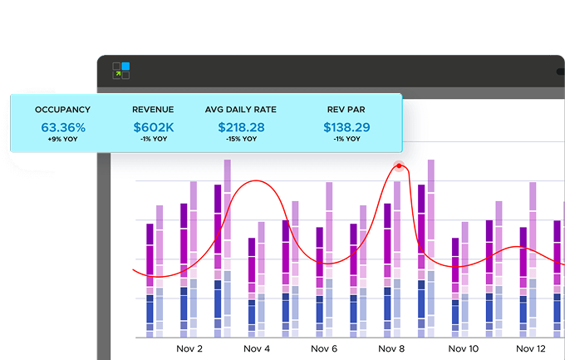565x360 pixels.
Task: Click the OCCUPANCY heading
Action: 62,110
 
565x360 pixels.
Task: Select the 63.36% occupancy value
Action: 62,127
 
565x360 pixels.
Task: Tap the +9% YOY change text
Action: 62,140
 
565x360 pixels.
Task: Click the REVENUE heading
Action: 154,110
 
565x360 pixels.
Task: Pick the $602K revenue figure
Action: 154,127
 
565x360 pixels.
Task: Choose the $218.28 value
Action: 241,127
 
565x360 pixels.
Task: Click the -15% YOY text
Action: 241,140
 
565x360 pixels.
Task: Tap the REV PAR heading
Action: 347,110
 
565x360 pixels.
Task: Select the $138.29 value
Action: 347,127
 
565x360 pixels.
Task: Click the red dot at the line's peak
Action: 399,165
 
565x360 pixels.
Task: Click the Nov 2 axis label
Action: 190,349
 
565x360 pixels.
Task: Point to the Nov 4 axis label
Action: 257,349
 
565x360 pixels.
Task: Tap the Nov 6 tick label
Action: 324,349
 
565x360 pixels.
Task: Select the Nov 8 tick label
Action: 391,349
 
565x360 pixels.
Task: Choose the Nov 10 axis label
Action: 463,349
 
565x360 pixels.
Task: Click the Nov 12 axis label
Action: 531,349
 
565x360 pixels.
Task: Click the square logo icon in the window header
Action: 122,71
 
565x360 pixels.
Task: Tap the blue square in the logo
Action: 126,67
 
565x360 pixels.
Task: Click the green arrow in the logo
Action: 118,75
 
